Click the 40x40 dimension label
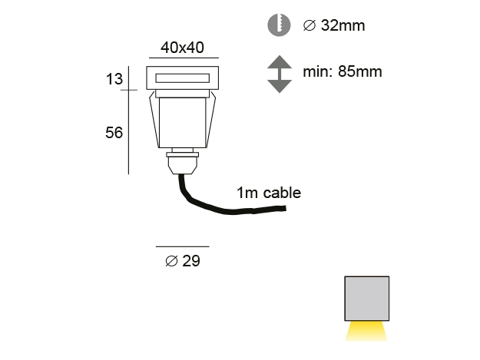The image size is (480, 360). (x=182, y=48)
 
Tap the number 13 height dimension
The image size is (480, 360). (x=114, y=79)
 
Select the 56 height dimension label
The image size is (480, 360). (x=114, y=133)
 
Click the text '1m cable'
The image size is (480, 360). (x=269, y=193)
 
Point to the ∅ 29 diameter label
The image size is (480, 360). (x=183, y=261)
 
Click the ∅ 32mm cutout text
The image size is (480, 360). (x=334, y=25)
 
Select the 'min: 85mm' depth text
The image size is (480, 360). (x=343, y=72)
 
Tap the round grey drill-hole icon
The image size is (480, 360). (x=279, y=25)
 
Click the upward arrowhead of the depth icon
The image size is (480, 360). (x=280, y=61)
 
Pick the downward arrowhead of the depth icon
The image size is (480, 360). (x=280, y=86)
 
